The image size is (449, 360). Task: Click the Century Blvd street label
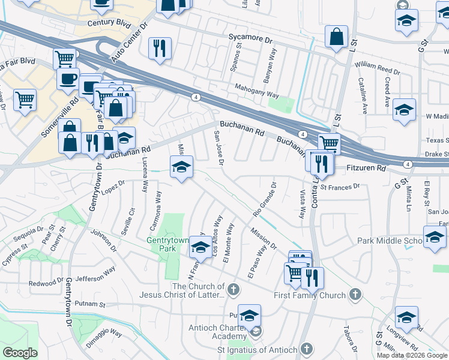(x=109, y=23)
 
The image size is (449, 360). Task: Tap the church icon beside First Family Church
(x=355, y=295)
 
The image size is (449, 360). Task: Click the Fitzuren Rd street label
(x=366, y=169)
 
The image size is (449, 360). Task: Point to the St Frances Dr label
(x=340, y=187)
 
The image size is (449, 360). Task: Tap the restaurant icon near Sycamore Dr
(x=160, y=48)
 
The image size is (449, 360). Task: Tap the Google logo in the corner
(x=20, y=352)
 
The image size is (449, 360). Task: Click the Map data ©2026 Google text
(x=411, y=355)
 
